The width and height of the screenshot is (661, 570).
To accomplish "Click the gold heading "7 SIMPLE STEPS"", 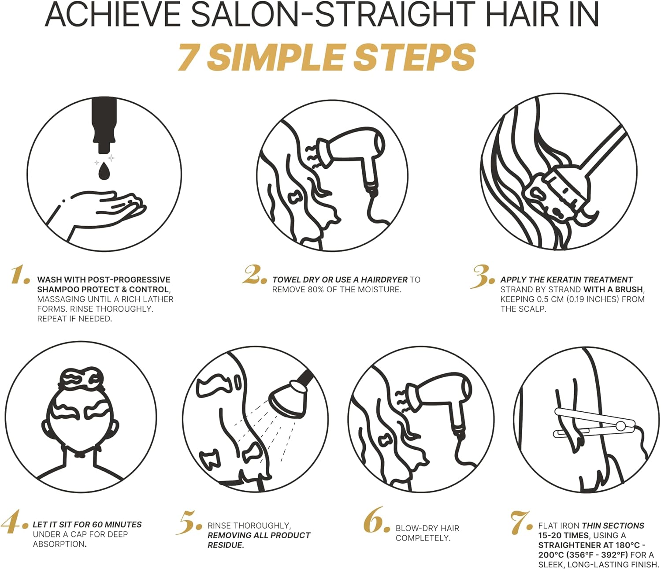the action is [x=327, y=58].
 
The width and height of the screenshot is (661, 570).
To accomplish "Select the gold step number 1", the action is [x=20, y=275].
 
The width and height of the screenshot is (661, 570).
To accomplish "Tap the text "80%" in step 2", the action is [x=320, y=290].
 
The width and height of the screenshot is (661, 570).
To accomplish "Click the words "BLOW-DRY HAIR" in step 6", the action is [x=427, y=528].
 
